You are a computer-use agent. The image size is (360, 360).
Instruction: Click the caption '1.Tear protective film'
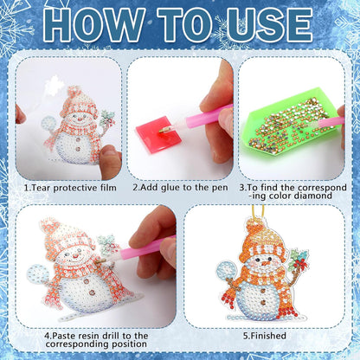coord(67,186)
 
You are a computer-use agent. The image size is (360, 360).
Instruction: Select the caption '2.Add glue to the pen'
coord(180,186)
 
